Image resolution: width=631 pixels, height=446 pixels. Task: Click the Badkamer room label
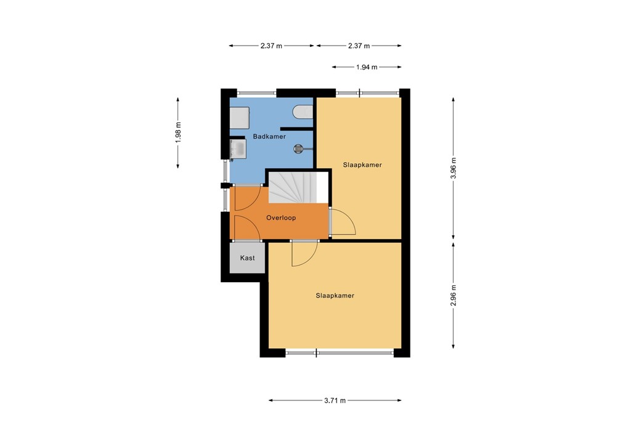[x=269, y=137]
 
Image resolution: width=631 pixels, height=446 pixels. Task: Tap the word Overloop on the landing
[x=281, y=218]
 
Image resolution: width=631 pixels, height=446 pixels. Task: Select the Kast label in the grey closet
[x=247, y=258]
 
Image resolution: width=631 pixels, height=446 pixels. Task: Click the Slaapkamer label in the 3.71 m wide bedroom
[x=335, y=296]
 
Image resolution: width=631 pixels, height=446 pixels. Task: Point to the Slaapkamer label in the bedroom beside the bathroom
[x=362, y=165]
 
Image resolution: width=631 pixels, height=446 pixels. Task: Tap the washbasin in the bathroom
[x=238, y=148]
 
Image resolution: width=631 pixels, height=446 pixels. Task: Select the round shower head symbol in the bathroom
[x=298, y=148]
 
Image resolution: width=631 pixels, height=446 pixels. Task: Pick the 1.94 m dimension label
[x=367, y=67]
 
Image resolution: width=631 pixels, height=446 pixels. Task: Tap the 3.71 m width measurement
[x=335, y=400]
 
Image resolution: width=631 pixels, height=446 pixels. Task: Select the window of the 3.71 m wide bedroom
[x=340, y=353]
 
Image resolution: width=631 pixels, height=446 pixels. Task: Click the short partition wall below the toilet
[x=297, y=128]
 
